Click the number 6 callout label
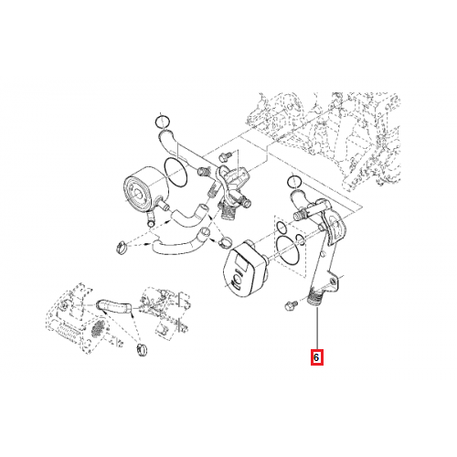pos(316,358)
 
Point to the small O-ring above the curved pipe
pos(162,121)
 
